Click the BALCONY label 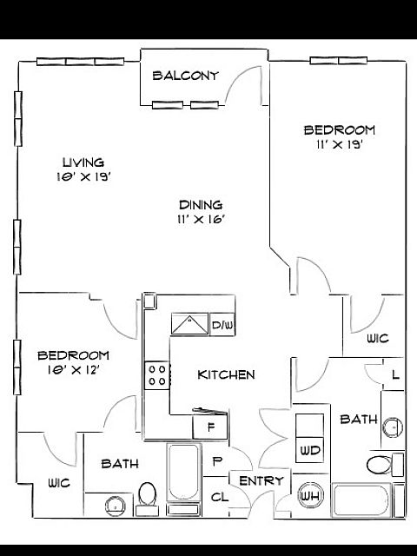[x=185, y=76]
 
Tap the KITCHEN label [x=226, y=374]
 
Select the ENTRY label [x=261, y=480]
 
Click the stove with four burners [x=157, y=375]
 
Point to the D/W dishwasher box [x=222, y=324]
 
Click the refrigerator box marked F [x=210, y=427]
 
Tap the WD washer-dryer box [x=309, y=450]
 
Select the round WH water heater [x=310, y=496]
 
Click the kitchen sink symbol [x=189, y=324]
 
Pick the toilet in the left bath [x=148, y=499]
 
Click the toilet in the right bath [x=385, y=465]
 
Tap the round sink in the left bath [x=116, y=506]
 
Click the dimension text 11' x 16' [x=202, y=220]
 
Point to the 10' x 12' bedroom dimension [x=73, y=370]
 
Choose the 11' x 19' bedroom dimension [x=340, y=145]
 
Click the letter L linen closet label [x=396, y=374]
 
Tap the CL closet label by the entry [x=220, y=497]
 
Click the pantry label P [x=217, y=461]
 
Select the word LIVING [x=83, y=162]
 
